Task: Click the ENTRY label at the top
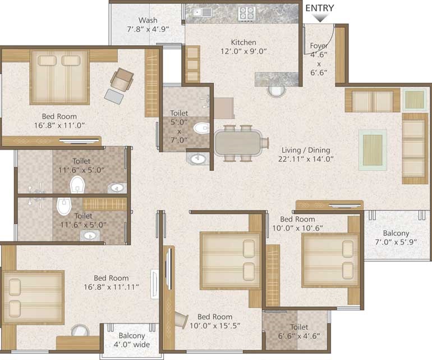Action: pyautogui.click(x=320, y=8)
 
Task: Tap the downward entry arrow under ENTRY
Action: pyautogui.click(x=320, y=18)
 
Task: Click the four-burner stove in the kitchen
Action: pyautogui.click(x=247, y=14)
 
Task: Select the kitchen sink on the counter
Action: pyautogui.click(x=202, y=12)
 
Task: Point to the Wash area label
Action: pyautogui.click(x=148, y=25)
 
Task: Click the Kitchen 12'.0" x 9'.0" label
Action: pyautogui.click(x=243, y=47)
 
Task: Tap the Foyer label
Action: pyautogui.click(x=319, y=45)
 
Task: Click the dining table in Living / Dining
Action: pyautogui.click(x=238, y=143)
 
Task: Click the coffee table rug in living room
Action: pyautogui.click(x=373, y=150)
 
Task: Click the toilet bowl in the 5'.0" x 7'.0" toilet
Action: pyautogui.click(x=201, y=128)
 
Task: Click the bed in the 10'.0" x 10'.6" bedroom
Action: pyautogui.click(x=330, y=261)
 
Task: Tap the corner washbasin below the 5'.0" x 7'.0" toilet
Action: pyautogui.click(x=197, y=158)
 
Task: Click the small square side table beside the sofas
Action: pyautogui.click(x=415, y=99)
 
